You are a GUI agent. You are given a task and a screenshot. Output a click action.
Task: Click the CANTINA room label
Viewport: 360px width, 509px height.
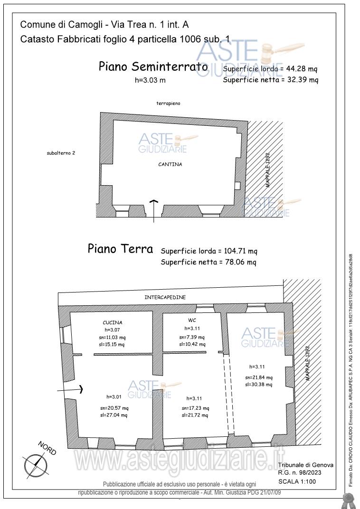[x=170, y=164]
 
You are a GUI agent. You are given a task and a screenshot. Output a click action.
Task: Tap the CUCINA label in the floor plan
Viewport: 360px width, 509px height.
[x=113, y=322]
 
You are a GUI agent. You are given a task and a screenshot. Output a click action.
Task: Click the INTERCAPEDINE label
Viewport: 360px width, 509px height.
[x=165, y=297]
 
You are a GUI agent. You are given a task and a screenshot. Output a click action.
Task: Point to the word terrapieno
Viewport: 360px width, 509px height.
[x=168, y=103]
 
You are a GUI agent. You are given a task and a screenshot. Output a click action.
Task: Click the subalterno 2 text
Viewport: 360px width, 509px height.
[x=61, y=153]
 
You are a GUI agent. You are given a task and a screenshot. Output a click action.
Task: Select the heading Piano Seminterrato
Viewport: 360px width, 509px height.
[x=153, y=66]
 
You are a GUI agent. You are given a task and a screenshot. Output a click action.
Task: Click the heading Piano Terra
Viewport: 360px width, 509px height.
[x=120, y=249]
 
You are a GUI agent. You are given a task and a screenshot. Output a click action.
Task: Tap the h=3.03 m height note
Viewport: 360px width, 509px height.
[x=151, y=80]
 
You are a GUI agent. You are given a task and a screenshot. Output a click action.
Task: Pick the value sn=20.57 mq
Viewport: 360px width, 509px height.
[x=114, y=408]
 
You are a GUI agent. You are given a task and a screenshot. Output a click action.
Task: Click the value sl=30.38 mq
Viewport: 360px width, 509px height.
[x=259, y=385]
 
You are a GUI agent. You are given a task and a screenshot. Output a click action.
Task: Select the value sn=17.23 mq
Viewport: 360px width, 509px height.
[x=195, y=408]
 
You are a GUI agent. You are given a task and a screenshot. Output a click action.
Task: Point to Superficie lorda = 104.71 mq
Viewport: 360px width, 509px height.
[x=209, y=251]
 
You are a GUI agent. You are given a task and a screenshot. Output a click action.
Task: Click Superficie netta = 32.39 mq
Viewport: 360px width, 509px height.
[x=270, y=80]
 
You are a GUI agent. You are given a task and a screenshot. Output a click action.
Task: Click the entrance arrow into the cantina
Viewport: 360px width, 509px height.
[x=153, y=210]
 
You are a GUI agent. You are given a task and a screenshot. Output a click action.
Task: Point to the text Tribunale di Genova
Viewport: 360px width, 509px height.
[x=305, y=465]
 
